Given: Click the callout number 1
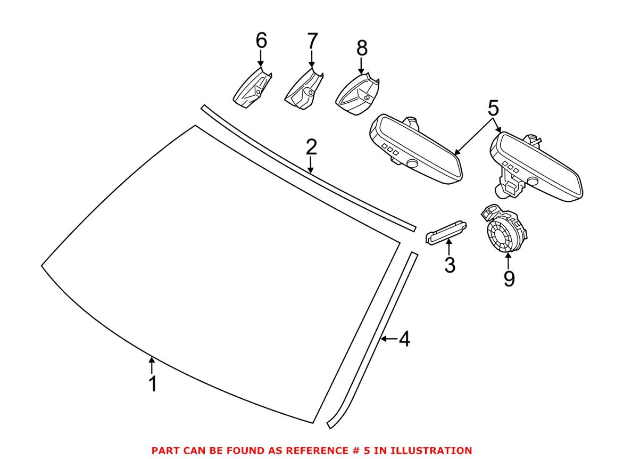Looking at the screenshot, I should (153, 384).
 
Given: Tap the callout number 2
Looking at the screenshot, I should (311, 147).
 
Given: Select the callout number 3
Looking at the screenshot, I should (450, 264).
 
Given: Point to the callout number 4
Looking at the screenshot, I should (405, 339).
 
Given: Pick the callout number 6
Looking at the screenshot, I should (261, 40).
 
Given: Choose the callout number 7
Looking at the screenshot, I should (312, 40).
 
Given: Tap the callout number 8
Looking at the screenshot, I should (362, 48).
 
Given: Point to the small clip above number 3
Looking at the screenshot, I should (447, 231).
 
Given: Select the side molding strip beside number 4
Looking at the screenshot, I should (372, 341).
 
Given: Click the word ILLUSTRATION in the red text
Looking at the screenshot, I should (434, 450).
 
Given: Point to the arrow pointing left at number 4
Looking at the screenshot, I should (389, 339).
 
